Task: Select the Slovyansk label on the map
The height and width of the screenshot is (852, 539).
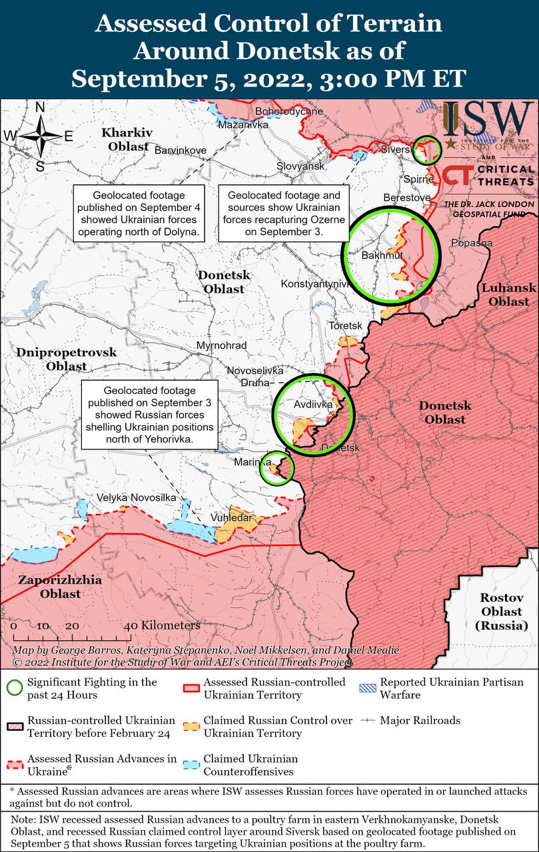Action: point(300,166)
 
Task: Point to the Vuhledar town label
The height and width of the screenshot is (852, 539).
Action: point(231,518)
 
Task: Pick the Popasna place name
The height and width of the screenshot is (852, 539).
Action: point(472,243)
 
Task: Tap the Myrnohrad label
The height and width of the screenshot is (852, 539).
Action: point(221,345)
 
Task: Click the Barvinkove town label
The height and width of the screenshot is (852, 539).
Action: point(180,150)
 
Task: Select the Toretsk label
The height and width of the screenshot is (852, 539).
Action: point(345,325)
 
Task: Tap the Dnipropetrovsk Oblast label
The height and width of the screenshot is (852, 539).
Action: point(66,359)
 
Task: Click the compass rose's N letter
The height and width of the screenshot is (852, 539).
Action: point(40,107)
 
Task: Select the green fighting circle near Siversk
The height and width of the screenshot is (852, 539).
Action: point(428,150)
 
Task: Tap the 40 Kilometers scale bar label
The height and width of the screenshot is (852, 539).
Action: point(162,626)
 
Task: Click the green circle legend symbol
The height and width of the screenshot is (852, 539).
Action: point(14,688)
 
